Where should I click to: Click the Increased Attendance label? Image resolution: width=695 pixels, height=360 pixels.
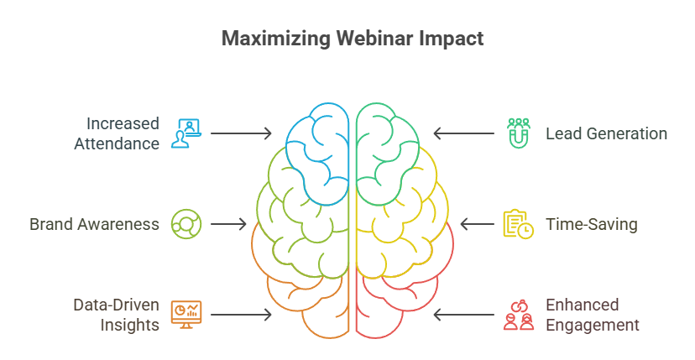(117, 133)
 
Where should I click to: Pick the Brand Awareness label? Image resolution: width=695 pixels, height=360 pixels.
(94, 225)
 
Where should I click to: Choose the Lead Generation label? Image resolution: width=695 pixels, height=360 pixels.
(606, 133)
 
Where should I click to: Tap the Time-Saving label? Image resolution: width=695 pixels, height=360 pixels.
(591, 225)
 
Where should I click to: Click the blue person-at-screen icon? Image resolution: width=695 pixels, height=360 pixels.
(186, 133)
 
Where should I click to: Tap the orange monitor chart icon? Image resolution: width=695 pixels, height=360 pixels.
(186, 315)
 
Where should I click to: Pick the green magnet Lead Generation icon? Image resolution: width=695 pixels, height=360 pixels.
(518, 133)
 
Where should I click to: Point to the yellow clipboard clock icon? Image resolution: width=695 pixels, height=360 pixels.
(518, 224)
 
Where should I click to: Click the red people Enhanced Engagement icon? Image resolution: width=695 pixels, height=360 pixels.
(518, 315)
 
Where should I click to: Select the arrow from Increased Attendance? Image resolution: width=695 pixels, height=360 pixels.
(241, 133)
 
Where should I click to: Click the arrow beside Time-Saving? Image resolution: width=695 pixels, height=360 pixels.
(477, 224)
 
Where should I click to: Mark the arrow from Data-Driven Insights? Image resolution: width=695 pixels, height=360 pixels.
(241, 315)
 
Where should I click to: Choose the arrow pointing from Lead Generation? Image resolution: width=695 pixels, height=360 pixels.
(464, 133)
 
